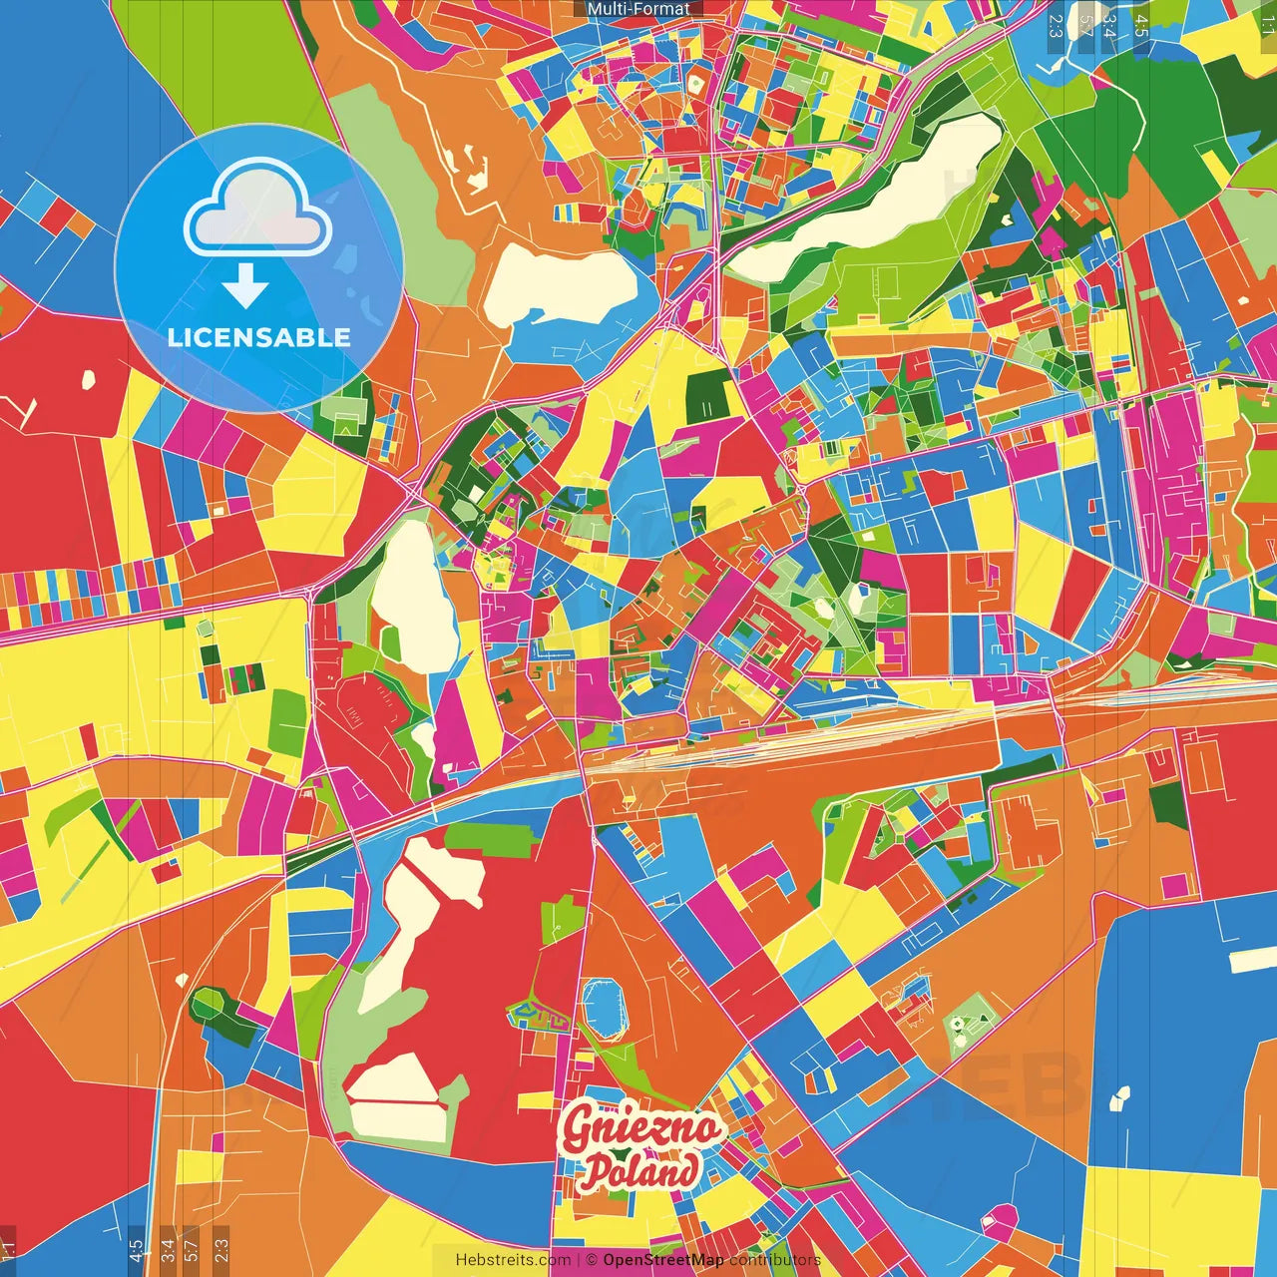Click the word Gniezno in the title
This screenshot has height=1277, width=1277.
click(x=640, y=1128)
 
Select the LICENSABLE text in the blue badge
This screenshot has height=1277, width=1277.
click(x=259, y=337)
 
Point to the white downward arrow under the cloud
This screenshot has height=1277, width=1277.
click(x=245, y=285)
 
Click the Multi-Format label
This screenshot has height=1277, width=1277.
click(x=638, y=9)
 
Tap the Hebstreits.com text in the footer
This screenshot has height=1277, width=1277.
click(x=513, y=1260)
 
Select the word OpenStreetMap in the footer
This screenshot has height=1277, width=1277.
click(x=663, y=1260)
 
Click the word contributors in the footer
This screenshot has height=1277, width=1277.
click(x=774, y=1260)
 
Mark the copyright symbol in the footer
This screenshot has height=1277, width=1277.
click(x=591, y=1260)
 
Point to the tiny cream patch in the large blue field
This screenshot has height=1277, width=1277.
click(x=1119, y=1097)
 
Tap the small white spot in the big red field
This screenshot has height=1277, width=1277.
click(x=88, y=379)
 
